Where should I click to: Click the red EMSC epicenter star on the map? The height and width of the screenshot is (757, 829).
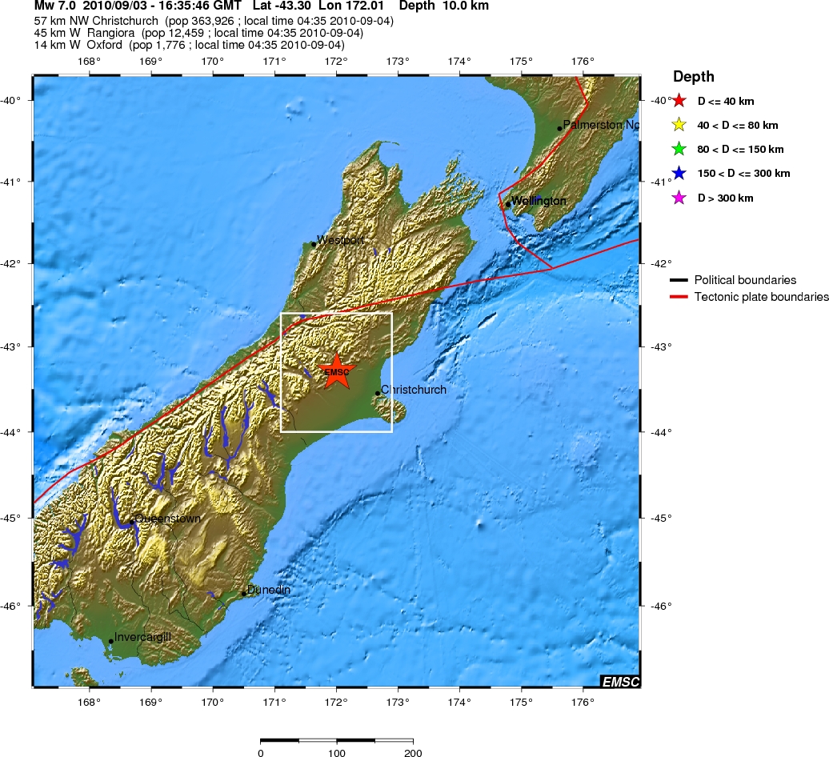(x=336, y=370)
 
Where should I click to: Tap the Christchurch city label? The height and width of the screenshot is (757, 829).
(x=413, y=390)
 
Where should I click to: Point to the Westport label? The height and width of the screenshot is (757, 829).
(x=342, y=240)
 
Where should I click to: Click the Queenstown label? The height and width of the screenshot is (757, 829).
(x=167, y=519)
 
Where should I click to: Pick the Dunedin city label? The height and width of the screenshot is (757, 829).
(x=268, y=590)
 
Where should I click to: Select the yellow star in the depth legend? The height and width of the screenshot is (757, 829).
(x=679, y=125)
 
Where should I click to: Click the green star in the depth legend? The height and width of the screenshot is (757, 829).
(x=679, y=149)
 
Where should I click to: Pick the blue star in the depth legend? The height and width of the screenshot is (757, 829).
(x=679, y=173)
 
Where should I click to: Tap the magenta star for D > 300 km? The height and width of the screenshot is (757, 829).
(x=679, y=198)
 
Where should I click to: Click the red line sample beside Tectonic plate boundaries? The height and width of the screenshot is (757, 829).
(x=679, y=297)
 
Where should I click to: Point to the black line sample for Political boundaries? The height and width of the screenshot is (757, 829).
(x=679, y=280)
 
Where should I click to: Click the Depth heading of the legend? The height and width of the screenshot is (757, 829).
(x=693, y=77)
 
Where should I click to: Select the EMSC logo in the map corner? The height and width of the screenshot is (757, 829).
(x=620, y=681)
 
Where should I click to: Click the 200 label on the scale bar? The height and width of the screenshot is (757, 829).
(x=413, y=752)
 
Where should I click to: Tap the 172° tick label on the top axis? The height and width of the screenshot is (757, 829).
(x=336, y=61)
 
